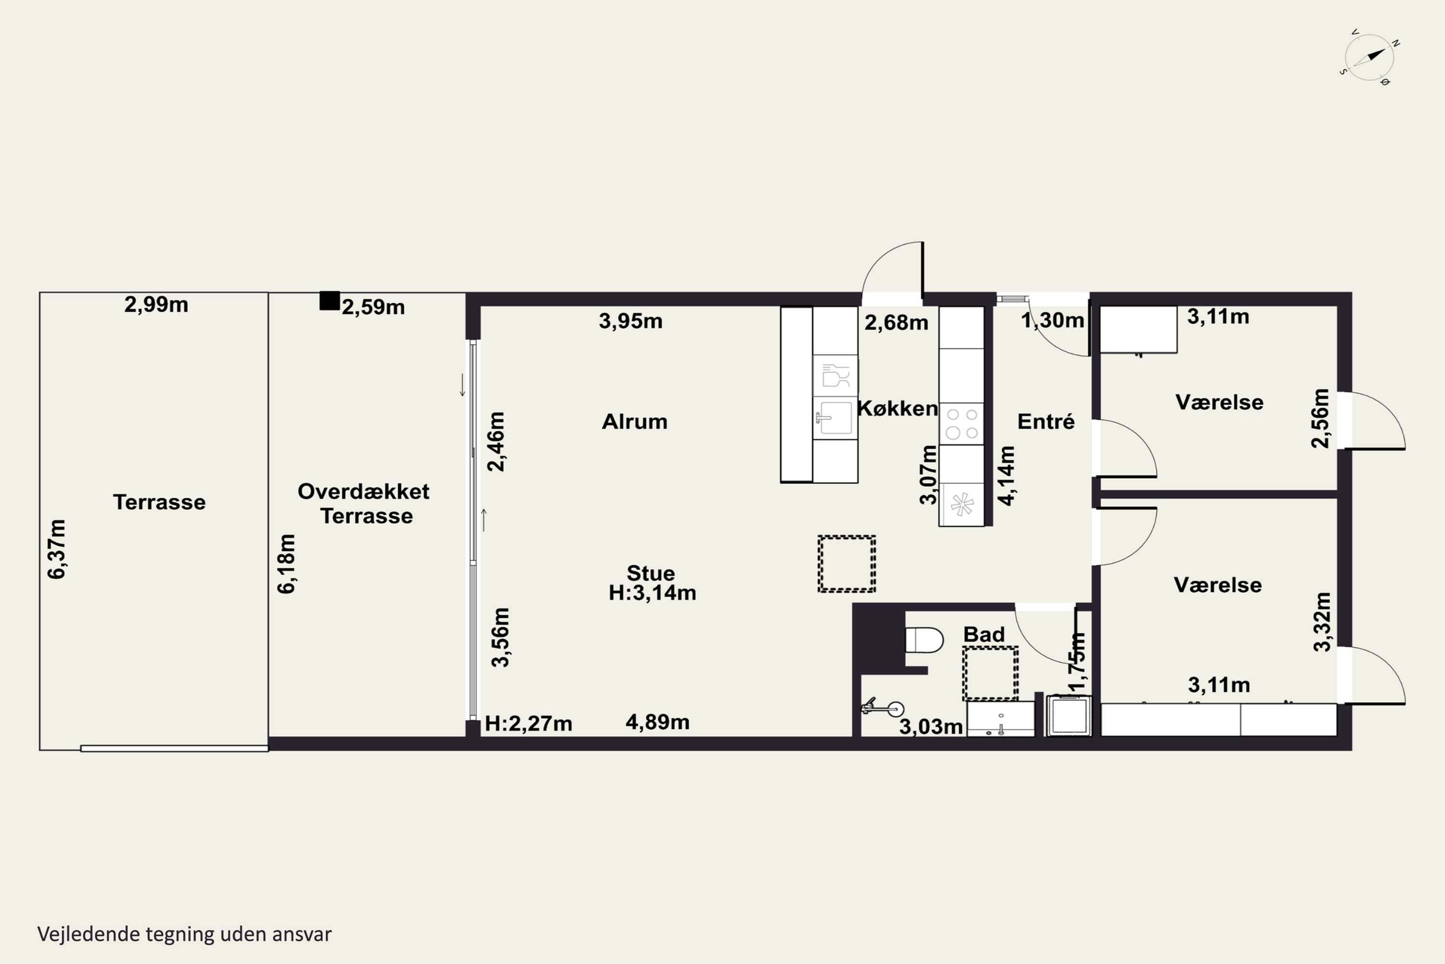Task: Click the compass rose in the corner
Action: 1369,57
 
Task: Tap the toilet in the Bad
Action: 924,640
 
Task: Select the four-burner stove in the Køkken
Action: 961,424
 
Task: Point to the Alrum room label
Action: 635,422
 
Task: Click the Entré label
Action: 1046,422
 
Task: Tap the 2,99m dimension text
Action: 156,304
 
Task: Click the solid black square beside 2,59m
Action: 329,301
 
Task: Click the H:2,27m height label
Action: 528,723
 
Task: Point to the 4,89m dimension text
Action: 657,722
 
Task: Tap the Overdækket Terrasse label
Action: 364,504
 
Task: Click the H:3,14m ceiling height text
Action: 653,593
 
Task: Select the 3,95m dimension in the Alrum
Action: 631,321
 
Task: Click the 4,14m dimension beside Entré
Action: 1006,476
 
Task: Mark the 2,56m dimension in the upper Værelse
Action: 1320,418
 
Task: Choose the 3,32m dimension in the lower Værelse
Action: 1323,622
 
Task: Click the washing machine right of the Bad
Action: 1069,716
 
